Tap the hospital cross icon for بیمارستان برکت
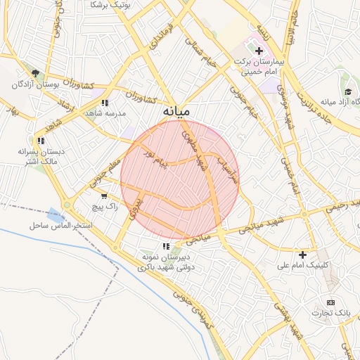(259, 51)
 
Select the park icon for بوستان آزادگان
(35, 72)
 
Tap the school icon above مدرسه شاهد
(105, 103)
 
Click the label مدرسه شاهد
(105, 113)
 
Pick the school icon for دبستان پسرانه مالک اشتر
(41, 141)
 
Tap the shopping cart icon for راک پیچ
(104, 196)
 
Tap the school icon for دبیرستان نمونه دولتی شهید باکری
(165, 246)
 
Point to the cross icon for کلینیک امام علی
(303, 255)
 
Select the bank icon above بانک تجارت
(330, 302)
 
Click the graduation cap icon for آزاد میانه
(348, 91)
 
